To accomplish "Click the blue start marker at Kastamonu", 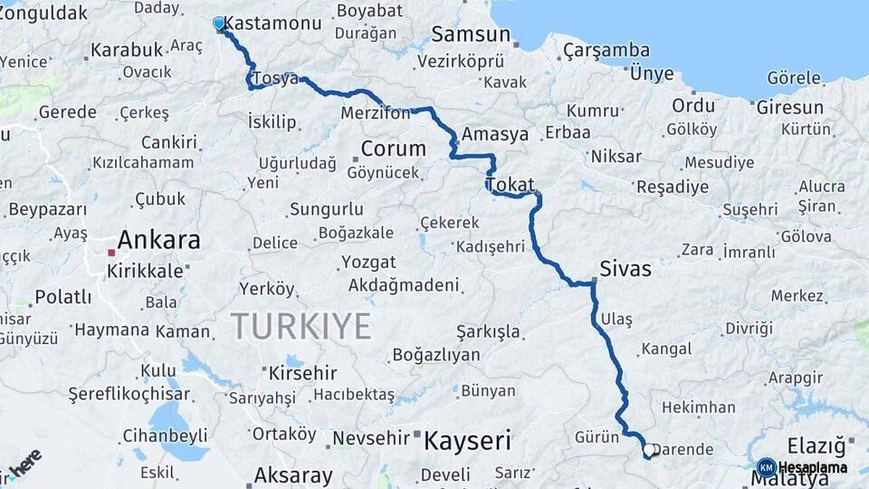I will click(x=219, y=24).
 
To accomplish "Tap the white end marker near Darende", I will click(x=649, y=448).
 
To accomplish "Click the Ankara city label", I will click(x=158, y=240).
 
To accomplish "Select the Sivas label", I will click(x=625, y=269).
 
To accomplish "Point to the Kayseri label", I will click(x=467, y=441).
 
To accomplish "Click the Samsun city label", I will click(x=470, y=34).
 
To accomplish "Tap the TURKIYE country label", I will click(x=301, y=325).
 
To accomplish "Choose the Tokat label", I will click(x=511, y=185).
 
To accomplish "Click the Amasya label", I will click(x=495, y=134).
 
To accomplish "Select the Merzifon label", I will click(x=376, y=113).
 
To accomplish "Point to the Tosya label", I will click(x=275, y=79).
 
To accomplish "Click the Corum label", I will click(x=393, y=149).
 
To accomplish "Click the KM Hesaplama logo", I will click(x=802, y=467).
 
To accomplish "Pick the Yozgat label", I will click(x=368, y=262).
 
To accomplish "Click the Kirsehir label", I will click(x=302, y=372).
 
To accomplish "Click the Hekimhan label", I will click(x=698, y=407).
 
